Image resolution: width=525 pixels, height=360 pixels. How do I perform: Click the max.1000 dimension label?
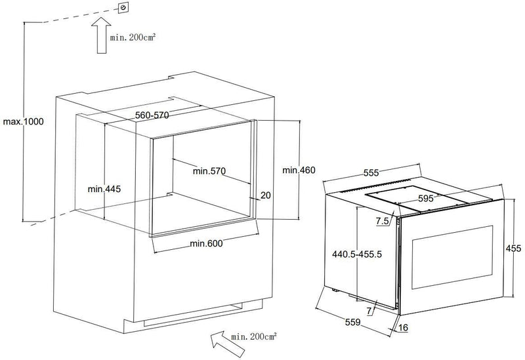[x=24, y=121]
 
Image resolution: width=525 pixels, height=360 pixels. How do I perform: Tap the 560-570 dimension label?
[x=152, y=115]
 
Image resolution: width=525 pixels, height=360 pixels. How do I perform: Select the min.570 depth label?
[x=209, y=171]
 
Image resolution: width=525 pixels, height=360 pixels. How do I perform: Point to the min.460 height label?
[x=299, y=170]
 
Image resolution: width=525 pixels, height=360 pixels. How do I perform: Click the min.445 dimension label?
[x=104, y=189]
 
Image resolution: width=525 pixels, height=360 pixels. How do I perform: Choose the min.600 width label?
[x=206, y=243]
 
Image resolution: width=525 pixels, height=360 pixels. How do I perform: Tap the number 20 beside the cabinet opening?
[x=266, y=195]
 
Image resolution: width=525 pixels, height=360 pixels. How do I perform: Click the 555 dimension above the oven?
[x=371, y=173]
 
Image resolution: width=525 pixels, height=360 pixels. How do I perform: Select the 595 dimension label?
[x=426, y=199]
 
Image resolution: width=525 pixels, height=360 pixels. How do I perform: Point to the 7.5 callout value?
[x=382, y=221]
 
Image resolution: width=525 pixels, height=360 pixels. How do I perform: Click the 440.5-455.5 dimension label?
[x=357, y=254]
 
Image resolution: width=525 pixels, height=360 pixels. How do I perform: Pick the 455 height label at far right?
[x=513, y=249]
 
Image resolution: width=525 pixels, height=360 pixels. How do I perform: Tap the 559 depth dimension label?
[x=353, y=322]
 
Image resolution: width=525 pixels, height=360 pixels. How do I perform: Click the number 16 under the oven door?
[x=404, y=328]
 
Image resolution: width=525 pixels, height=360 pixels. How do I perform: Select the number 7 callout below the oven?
[x=369, y=311]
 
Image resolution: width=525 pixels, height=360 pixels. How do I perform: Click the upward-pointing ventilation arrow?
[x=102, y=35]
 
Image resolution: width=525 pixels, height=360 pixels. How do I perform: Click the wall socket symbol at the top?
[x=123, y=7]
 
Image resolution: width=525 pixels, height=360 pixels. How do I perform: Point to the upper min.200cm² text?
[x=133, y=37]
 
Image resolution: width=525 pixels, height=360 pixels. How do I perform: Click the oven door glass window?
[x=452, y=257]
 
